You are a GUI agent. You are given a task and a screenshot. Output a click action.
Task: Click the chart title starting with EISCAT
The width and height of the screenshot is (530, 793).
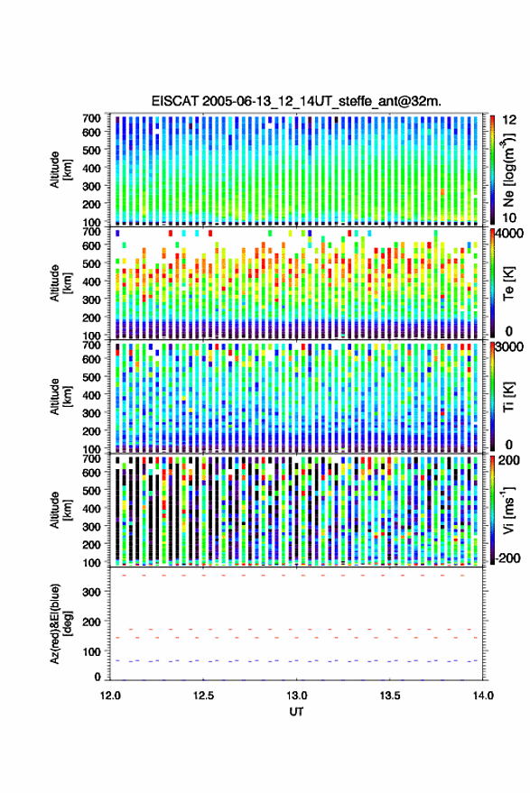[296, 101]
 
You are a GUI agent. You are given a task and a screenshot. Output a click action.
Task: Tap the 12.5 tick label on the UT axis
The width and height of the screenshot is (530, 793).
[203, 696]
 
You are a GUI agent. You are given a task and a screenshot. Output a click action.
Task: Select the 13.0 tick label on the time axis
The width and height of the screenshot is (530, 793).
[296, 696]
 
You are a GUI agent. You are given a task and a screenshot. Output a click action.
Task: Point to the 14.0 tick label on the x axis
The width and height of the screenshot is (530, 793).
[483, 696]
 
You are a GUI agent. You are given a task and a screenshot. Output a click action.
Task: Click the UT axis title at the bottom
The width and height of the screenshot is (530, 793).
[296, 712]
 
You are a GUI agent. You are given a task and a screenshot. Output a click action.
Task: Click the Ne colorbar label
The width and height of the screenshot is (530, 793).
[508, 170]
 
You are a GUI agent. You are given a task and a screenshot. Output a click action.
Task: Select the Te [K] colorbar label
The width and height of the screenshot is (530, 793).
[508, 283]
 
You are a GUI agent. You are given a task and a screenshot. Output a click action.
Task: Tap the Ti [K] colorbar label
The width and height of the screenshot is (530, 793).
[508, 397]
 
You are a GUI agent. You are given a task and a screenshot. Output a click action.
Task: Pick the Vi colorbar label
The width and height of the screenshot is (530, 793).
[508, 510]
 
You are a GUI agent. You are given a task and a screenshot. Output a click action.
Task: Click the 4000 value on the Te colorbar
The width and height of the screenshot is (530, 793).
[509, 234]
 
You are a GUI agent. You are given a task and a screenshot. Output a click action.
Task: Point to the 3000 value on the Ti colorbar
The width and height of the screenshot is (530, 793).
[509, 347]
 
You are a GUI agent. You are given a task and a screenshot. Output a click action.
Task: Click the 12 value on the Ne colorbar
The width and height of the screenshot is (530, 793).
[509, 120]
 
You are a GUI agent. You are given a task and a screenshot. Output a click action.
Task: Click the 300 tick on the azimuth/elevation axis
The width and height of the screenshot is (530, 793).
[91, 592]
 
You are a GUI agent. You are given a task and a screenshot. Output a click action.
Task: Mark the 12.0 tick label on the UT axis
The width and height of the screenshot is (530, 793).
[110, 696]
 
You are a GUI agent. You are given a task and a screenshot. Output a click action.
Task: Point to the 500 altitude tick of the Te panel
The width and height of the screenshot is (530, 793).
[91, 263]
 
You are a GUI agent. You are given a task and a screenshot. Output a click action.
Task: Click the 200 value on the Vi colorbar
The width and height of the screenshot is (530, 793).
[508, 460]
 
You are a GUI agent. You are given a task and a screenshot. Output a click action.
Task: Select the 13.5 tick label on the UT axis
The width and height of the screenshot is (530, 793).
[390, 696]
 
